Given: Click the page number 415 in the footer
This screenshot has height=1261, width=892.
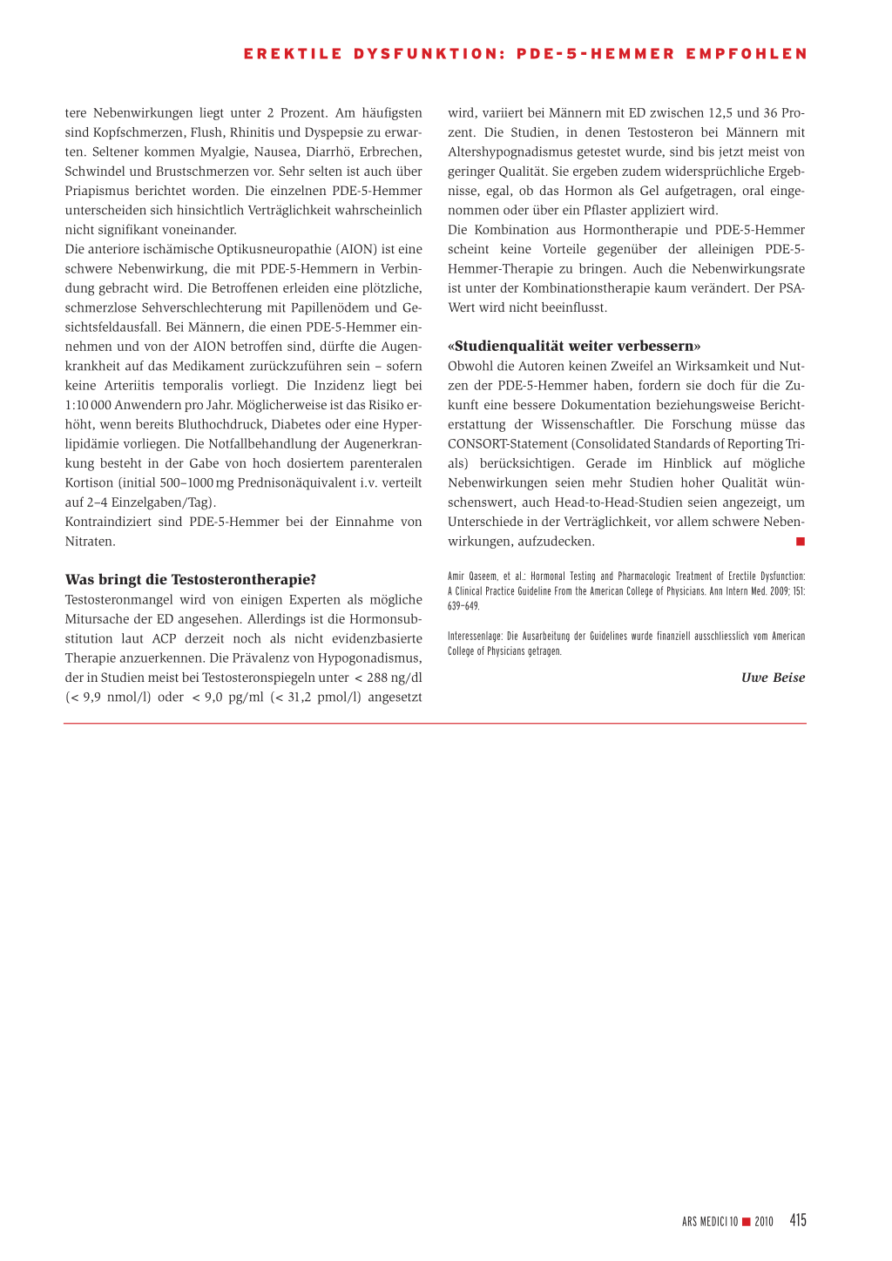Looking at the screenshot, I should (x=798, y=1220).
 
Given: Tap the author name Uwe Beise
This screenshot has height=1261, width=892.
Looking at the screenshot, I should (x=773, y=678).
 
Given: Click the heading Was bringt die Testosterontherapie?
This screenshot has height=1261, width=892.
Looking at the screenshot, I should (x=191, y=580).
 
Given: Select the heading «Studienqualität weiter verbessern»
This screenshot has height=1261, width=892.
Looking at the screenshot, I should (x=574, y=346).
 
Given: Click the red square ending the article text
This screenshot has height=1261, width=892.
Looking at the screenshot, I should (x=801, y=542).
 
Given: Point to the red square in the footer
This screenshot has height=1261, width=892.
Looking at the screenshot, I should (x=747, y=1222).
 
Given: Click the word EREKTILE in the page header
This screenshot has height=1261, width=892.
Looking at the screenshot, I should (x=293, y=54).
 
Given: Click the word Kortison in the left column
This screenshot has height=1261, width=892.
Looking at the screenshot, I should (x=89, y=482).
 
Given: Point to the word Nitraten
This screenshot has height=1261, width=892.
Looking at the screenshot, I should (x=90, y=541).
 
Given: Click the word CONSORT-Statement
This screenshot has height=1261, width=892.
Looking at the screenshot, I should (x=508, y=444).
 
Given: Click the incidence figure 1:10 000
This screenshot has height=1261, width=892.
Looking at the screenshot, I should (x=88, y=405).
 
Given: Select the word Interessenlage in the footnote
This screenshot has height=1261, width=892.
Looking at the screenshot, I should (x=475, y=637).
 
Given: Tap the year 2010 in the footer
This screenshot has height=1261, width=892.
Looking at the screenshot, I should (x=764, y=1222).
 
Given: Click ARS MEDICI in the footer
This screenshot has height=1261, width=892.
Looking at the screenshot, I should (x=705, y=1222).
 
